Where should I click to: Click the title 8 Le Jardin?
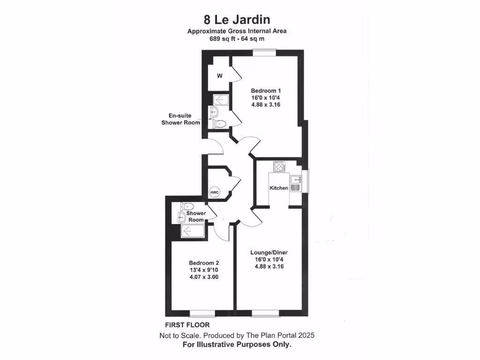237,20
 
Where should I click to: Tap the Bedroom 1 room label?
266,90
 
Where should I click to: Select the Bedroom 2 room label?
204,263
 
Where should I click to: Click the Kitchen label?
278,188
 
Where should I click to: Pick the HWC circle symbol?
214,192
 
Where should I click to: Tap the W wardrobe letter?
219,76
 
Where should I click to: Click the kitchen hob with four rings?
279,166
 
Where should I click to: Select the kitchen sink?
296,180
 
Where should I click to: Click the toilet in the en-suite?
219,124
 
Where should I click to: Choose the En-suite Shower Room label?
180,119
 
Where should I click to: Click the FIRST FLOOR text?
187,325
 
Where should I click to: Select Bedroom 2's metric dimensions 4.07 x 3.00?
204,277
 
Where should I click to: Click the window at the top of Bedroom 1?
264,52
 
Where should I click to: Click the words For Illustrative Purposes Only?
237,345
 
